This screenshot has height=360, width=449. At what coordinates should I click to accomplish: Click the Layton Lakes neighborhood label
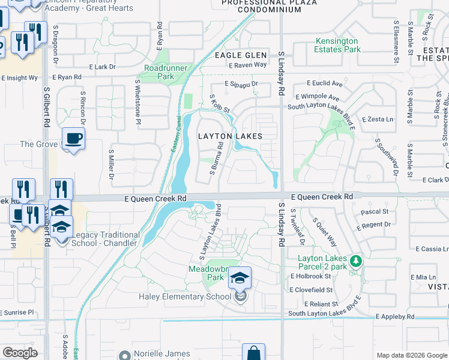[x=231, y=136]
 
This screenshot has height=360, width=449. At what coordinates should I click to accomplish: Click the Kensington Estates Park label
[x=337, y=45]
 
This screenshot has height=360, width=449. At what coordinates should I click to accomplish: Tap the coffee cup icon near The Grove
[x=73, y=139]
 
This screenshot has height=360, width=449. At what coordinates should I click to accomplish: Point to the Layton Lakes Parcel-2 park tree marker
[x=356, y=261]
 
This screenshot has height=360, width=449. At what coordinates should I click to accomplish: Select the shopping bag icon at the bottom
[x=253, y=353]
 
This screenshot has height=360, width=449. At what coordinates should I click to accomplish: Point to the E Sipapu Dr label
[x=241, y=85]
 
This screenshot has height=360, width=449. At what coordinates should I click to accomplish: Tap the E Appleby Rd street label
[x=395, y=316]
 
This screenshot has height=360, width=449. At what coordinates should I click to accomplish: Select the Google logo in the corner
[x=20, y=352]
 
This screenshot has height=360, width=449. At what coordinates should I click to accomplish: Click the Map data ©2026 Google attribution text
[x=411, y=355]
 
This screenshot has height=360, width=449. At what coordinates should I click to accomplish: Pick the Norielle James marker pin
[x=125, y=355]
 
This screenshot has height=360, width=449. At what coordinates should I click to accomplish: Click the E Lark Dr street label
[x=101, y=67]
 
